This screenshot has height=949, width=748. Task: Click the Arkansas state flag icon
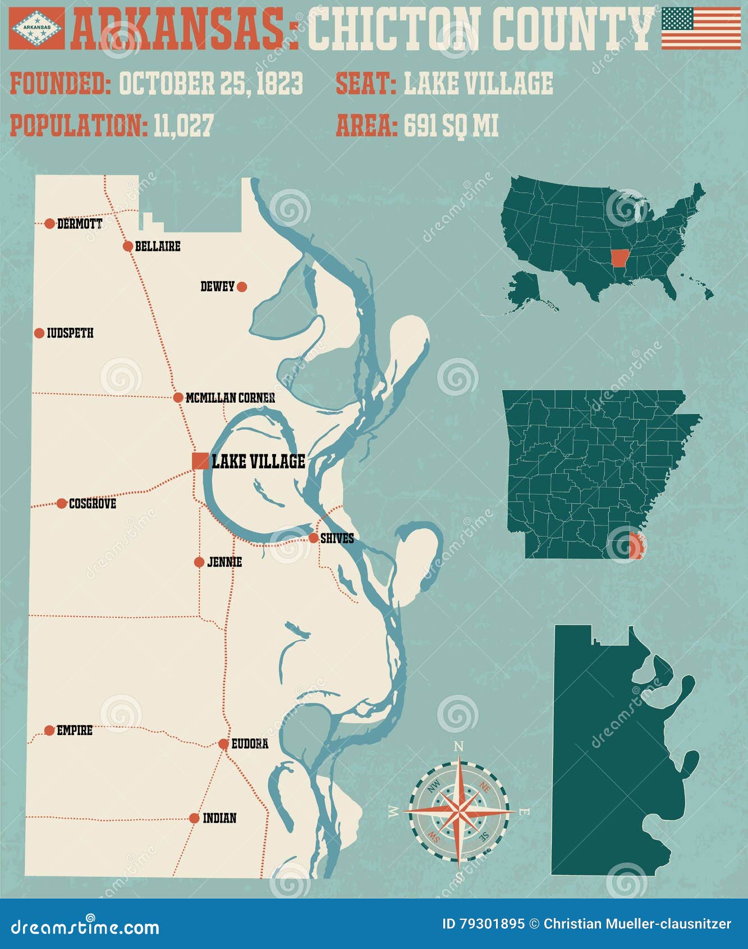(37, 28)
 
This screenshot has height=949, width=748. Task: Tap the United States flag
(701, 28)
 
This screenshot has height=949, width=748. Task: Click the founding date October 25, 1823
(211, 84)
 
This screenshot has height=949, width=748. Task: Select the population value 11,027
(183, 125)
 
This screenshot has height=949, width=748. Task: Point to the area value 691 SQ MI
(451, 125)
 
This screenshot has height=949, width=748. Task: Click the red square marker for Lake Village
(200, 460)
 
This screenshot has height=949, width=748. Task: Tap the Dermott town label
(80, 224)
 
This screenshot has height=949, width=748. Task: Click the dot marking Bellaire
(128, 246)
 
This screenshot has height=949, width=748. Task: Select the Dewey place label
(217, 287)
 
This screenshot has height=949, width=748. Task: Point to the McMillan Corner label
(230, 398)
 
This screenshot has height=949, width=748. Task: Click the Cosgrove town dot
(62, 503)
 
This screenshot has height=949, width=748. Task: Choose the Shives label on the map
(337, 539)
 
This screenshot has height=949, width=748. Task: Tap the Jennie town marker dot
(199, 562)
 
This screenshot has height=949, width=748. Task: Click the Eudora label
(250, 744)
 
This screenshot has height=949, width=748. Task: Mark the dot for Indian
(194, 818)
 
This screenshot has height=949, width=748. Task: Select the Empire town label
(75, 731)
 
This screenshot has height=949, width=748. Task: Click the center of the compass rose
(459, 810)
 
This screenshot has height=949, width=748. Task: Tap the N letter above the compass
(458, 746)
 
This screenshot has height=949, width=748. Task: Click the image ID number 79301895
(493, 924)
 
